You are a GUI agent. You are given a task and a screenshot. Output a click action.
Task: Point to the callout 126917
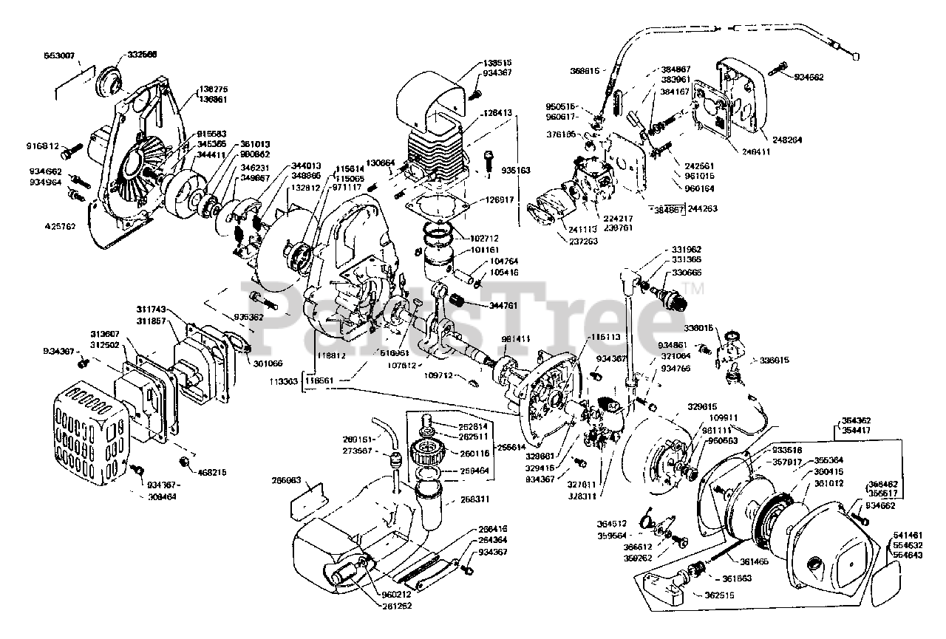pyautogui.click(x=500, y=199)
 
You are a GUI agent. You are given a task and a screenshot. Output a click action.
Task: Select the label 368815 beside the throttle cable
pyautogui.click(x=586, y=72)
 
